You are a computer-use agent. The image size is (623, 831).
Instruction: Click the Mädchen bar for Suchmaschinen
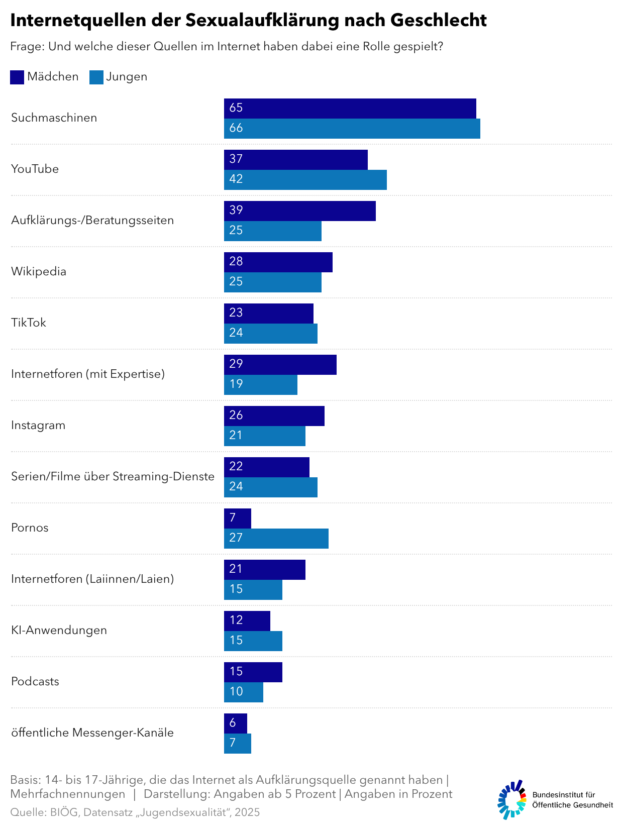pyautogui.click(x=350, y=109)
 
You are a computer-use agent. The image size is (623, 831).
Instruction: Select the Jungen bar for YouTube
pyautogui.click(x=305, y=180)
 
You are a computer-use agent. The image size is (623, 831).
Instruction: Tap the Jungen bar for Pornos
pyautogui.click(x=276, y=539)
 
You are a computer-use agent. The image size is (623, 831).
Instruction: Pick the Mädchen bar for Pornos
pyautogui.click(x=237, y=518)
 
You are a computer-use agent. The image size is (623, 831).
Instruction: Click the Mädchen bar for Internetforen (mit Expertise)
pyautogui.click(x=280, y=365)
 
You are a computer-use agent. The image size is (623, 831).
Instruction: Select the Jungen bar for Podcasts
pyautogui.click(x=243, y=692)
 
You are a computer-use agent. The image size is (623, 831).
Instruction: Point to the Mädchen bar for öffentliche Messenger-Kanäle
pyautogui.click(x=235, y=723)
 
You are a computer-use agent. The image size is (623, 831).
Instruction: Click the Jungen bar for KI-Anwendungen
pyautogui.click(x=253, y=641)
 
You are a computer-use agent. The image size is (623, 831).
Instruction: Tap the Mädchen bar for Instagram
pyautogui.click(x=274, y=416)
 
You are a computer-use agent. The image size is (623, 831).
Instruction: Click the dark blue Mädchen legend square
pyautogui.click(x=17, y=77)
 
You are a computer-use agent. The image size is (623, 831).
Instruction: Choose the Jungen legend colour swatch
pyautogui.click(x=96, y=77)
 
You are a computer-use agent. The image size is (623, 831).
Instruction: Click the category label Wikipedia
pyautogui.click(x=39, y=272)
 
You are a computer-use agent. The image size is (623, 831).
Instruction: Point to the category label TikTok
pyautogui.click(x=29, y=323)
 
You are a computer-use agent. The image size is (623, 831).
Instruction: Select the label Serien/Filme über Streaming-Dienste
pyautogui.click(x=113, y=477)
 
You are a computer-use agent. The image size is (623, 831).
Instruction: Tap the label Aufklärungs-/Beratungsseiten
pyautogui.click(x=92, y=221)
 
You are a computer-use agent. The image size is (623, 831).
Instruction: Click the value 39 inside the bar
pyautogui.click(x=236, y=211)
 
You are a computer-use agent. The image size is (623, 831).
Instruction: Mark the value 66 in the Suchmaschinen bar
pyautogui.click(x=236, y=128)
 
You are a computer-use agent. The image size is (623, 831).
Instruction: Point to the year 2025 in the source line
pyautogui.click(x=247, y=812)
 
